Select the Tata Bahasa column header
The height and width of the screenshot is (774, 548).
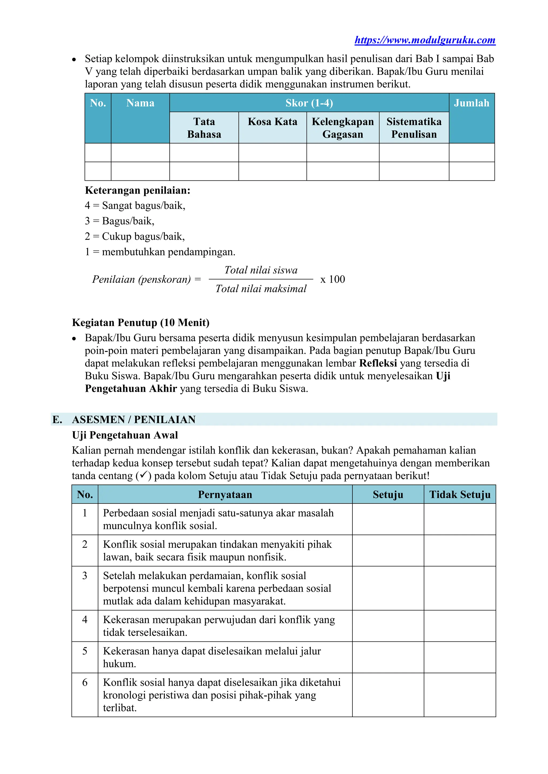click(x=204, y=128)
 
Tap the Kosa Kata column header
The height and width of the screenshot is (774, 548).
click(x=272, y=122)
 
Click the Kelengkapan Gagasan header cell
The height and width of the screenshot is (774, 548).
click(x=342, y=128)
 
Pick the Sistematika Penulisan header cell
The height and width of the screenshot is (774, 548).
click(x=414, y=128)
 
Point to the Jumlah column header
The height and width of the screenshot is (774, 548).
click(x=471, y=103)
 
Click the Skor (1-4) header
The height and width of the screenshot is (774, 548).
click(x=309, y=103)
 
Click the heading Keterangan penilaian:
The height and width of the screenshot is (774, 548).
click(x=137, y=191)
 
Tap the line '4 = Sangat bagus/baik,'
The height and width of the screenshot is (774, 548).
click(x=135, y=206)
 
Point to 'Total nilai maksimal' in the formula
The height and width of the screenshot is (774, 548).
click(x=261, y=289)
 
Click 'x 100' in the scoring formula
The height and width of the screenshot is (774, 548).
click(x=332, y=280)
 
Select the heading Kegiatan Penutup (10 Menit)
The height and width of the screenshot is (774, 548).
click(x=140, y=323)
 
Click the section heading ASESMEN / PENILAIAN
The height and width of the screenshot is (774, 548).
click(x=134, y=419)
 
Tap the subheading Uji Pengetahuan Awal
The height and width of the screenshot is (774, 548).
click(x=125, y=435)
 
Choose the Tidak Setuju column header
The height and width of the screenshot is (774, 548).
click(x=460, y=494)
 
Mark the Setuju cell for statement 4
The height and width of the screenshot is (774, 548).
click(x=388, y=626)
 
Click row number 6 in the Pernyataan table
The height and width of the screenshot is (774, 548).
click(x=85, y=683)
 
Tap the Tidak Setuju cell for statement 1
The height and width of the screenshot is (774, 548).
click(x=460, y=519)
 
